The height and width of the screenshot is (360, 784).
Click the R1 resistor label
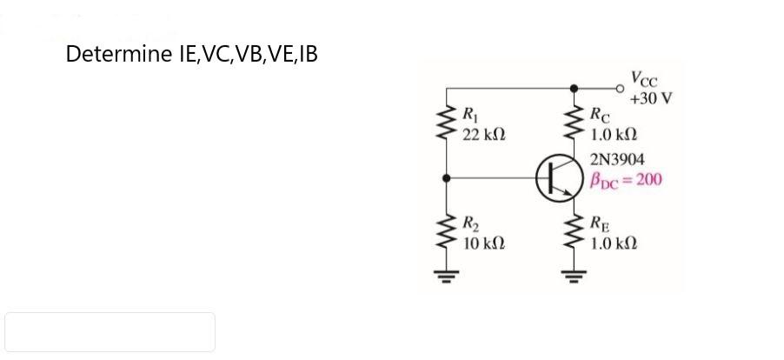pyautogui.click(x=469, y=113)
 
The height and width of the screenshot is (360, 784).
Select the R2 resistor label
pyautogui.click(x=469, y=221)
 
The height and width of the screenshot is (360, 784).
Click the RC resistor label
pyautogui.click(x=600, y=113)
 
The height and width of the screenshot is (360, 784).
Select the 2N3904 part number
pyautogui.click(x=617, y=160)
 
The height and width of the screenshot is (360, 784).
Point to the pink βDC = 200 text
pyautogui.click(x=626, y=180)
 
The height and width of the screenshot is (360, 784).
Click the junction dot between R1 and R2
pyautogui.click(x=448, y=177)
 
